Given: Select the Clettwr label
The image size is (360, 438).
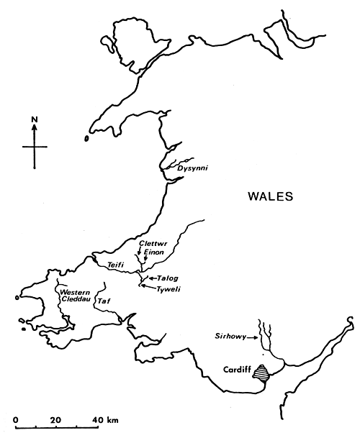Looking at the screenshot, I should point(152,245).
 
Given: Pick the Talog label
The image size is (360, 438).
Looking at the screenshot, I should point(168,278).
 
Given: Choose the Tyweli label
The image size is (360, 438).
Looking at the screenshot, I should point(170,289).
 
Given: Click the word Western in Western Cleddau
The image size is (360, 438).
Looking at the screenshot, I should point(75,292).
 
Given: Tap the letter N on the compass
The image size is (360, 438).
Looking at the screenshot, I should point(34,118).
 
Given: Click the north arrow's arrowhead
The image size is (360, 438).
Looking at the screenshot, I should point(34,127).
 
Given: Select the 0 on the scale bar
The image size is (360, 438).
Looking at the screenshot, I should point(16,419).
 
